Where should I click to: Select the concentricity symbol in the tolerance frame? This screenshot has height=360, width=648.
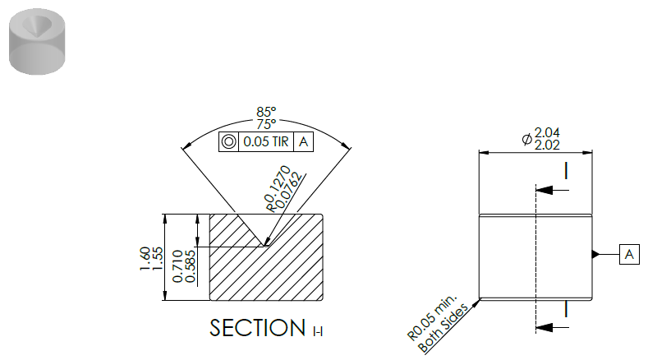[x=228, y=141]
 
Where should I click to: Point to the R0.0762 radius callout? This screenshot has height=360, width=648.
[x=288, y=192]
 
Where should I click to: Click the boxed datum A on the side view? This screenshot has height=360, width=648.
[x=629, y=255]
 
